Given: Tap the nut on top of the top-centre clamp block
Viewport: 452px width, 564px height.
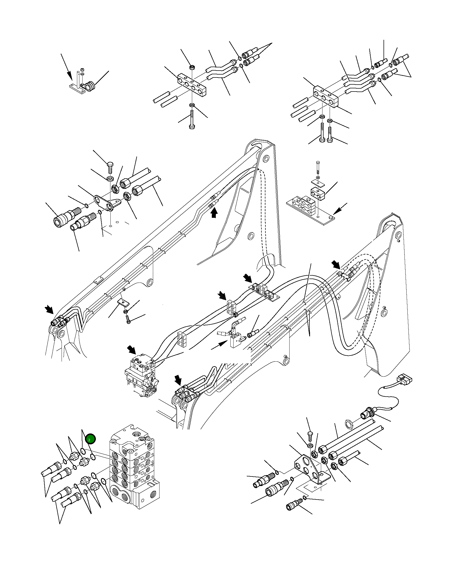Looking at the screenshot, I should pos(191,67).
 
